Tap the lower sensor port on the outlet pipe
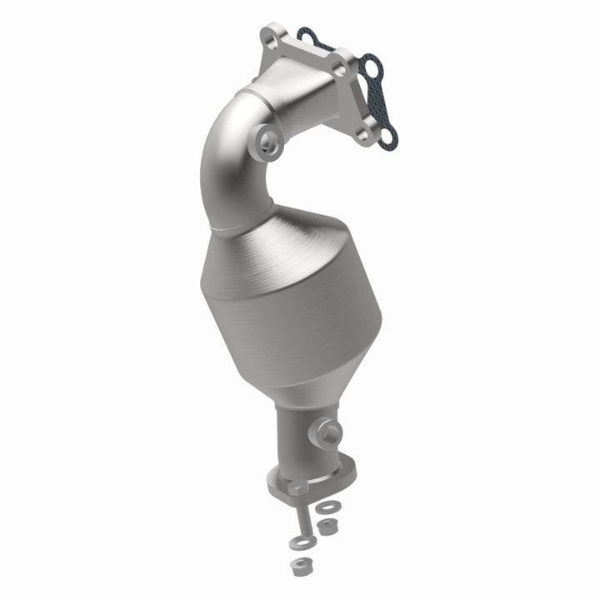(x=328, y=432)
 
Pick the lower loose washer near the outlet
(x=297, y=543)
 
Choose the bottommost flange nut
(x=298, y=566)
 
